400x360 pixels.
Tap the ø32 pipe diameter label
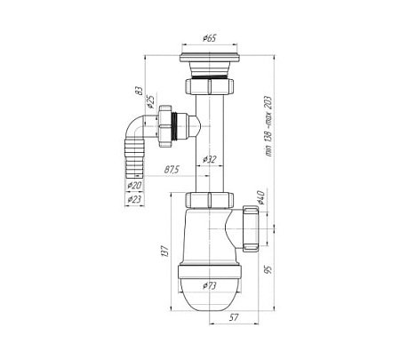(x=211, y=158)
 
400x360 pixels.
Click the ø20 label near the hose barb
(x=134, y=185)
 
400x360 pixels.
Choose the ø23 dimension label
(x=134, y=200)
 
